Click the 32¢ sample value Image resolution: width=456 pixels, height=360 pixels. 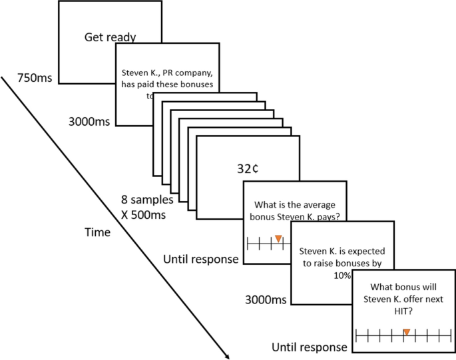(248, 168)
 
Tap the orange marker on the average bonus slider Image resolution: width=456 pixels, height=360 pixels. (278, 239)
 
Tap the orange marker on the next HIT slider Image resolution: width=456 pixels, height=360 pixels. (405, 331)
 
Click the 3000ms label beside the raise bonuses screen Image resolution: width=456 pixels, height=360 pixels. (266, 300)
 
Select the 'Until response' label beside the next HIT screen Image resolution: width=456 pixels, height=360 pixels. (310, 347)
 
